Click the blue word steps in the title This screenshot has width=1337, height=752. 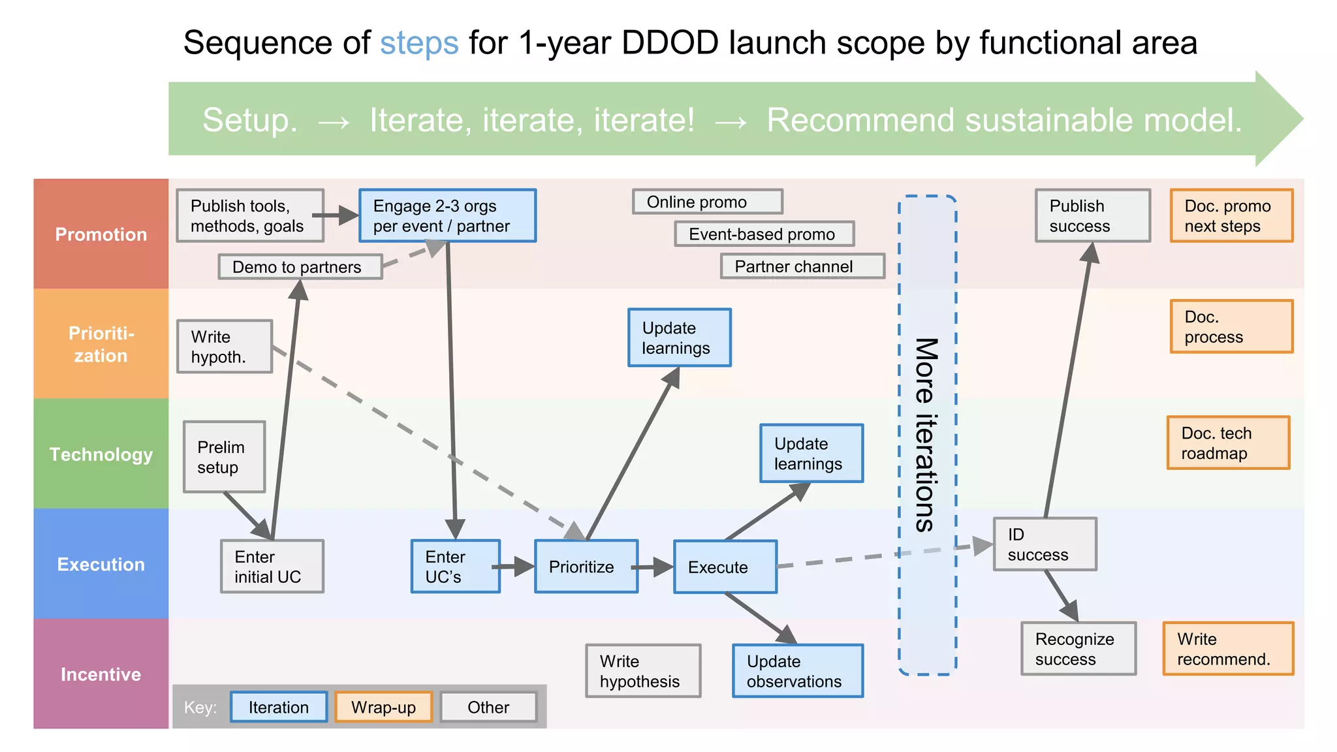coord(419,43)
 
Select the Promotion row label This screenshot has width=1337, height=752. coord(101,234)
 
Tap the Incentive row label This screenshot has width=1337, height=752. coord(101,674)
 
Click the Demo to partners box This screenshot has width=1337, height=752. coord(300,267)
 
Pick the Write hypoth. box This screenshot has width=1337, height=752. coord(224,347)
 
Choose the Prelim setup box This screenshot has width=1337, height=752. coord(224,457)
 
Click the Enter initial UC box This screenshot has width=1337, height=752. coord(272,567)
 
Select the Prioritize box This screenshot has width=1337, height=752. coord(586,567)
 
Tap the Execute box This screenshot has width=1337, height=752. coord(725,567)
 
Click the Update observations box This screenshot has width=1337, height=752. coord(797,671)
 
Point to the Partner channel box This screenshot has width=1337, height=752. coord(802,266)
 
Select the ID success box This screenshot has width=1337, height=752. coord(1044,544)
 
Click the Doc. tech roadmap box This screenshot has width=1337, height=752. coord(1228,443)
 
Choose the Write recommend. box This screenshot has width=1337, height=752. coord(1227,649)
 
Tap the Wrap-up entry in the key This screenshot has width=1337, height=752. coord(383,707)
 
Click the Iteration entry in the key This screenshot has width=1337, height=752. coord(279,707)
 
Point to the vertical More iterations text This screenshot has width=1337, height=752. coord(926,435)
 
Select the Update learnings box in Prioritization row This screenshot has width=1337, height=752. coord(679,337)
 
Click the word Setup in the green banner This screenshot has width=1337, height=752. coord(249,120)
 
